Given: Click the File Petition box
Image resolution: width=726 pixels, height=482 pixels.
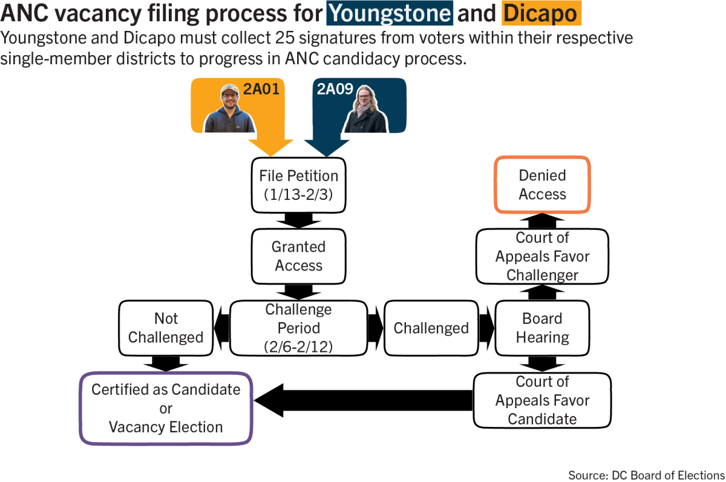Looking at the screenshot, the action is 298,185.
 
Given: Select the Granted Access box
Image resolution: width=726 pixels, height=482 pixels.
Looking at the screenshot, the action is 298,256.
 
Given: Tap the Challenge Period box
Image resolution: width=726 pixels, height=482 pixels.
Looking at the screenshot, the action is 298,328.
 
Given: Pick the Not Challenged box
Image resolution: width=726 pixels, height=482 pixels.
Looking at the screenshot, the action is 166,328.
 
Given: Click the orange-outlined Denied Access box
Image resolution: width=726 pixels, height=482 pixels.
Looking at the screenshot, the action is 542,185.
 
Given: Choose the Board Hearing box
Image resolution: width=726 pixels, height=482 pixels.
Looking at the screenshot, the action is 542,328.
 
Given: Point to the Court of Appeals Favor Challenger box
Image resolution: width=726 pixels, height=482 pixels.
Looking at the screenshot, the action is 542,256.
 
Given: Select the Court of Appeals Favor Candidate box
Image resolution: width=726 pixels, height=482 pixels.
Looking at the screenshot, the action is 542,400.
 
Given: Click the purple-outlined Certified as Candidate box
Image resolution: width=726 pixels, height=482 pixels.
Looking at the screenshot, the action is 166,408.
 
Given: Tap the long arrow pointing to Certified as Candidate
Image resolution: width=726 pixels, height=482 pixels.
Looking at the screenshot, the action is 364,400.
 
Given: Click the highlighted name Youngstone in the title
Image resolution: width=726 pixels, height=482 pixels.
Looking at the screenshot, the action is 390,13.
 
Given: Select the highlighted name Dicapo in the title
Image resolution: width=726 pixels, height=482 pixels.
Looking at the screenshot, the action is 541,13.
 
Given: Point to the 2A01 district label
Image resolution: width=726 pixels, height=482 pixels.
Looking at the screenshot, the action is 261,89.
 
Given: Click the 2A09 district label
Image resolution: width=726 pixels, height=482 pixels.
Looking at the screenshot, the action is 335,89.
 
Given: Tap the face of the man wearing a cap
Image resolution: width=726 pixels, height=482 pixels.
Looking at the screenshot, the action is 230,98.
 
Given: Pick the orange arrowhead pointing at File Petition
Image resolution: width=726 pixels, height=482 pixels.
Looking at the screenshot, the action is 271,148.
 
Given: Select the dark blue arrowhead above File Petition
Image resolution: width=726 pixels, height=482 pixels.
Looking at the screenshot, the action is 327,148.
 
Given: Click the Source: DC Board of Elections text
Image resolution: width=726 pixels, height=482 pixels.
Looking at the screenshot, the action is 646,475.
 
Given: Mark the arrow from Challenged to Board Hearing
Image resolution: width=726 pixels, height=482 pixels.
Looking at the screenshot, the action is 486,328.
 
